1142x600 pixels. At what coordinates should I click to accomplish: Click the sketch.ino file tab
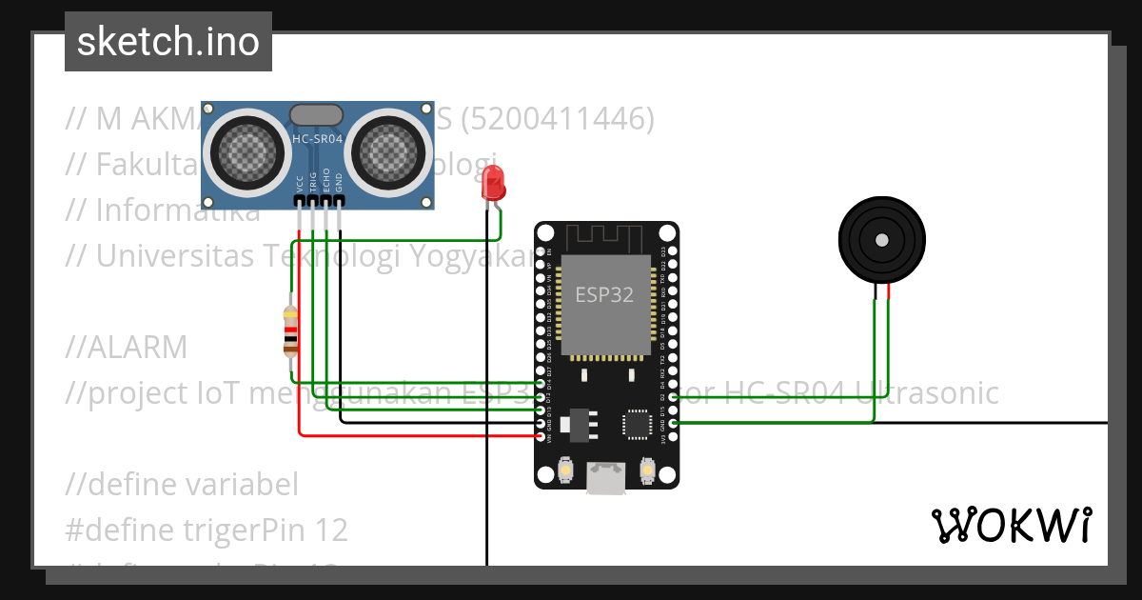click(167, 42)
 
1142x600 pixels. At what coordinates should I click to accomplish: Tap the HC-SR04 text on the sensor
click(317, 139)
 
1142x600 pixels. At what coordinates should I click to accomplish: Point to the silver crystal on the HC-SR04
click(316, 114)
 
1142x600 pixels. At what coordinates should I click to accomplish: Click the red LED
click(493, 182)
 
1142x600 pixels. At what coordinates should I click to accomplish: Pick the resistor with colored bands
click(291, 330)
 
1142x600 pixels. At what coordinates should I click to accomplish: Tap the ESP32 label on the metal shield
click(603, 294)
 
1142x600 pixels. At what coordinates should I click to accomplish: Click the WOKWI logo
click(1010, 525)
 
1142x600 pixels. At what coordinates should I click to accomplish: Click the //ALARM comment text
click(127, 348)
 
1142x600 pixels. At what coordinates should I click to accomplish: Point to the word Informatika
click(177, 210)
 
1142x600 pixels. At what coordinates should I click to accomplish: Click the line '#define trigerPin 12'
click(207, 530)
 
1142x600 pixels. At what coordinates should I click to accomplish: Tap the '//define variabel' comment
click(182, 485)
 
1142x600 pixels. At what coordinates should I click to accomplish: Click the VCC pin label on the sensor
click(300, 184)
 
